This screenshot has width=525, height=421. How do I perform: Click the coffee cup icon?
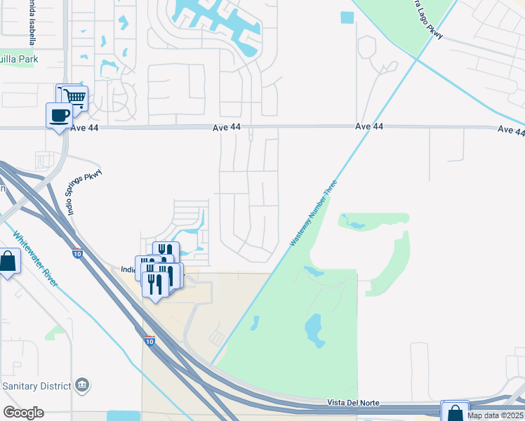click(59, 114)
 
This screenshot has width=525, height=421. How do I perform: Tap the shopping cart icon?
click(72, 97)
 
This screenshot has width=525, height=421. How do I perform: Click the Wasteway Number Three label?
click(314, 213)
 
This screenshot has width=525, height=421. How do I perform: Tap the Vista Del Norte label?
click(353, 403)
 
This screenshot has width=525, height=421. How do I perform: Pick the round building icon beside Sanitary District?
click(82, 385)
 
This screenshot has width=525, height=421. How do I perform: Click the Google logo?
click(23, 413)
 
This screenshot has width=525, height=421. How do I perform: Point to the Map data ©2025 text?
click(494, 415)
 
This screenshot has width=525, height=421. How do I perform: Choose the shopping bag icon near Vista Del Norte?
click(455, 412)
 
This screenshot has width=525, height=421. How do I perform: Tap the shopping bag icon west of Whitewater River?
click(8, 262)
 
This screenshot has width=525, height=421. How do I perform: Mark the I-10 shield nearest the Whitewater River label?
click(76, 253)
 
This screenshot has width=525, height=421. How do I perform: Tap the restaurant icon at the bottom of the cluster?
click(154, 283)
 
